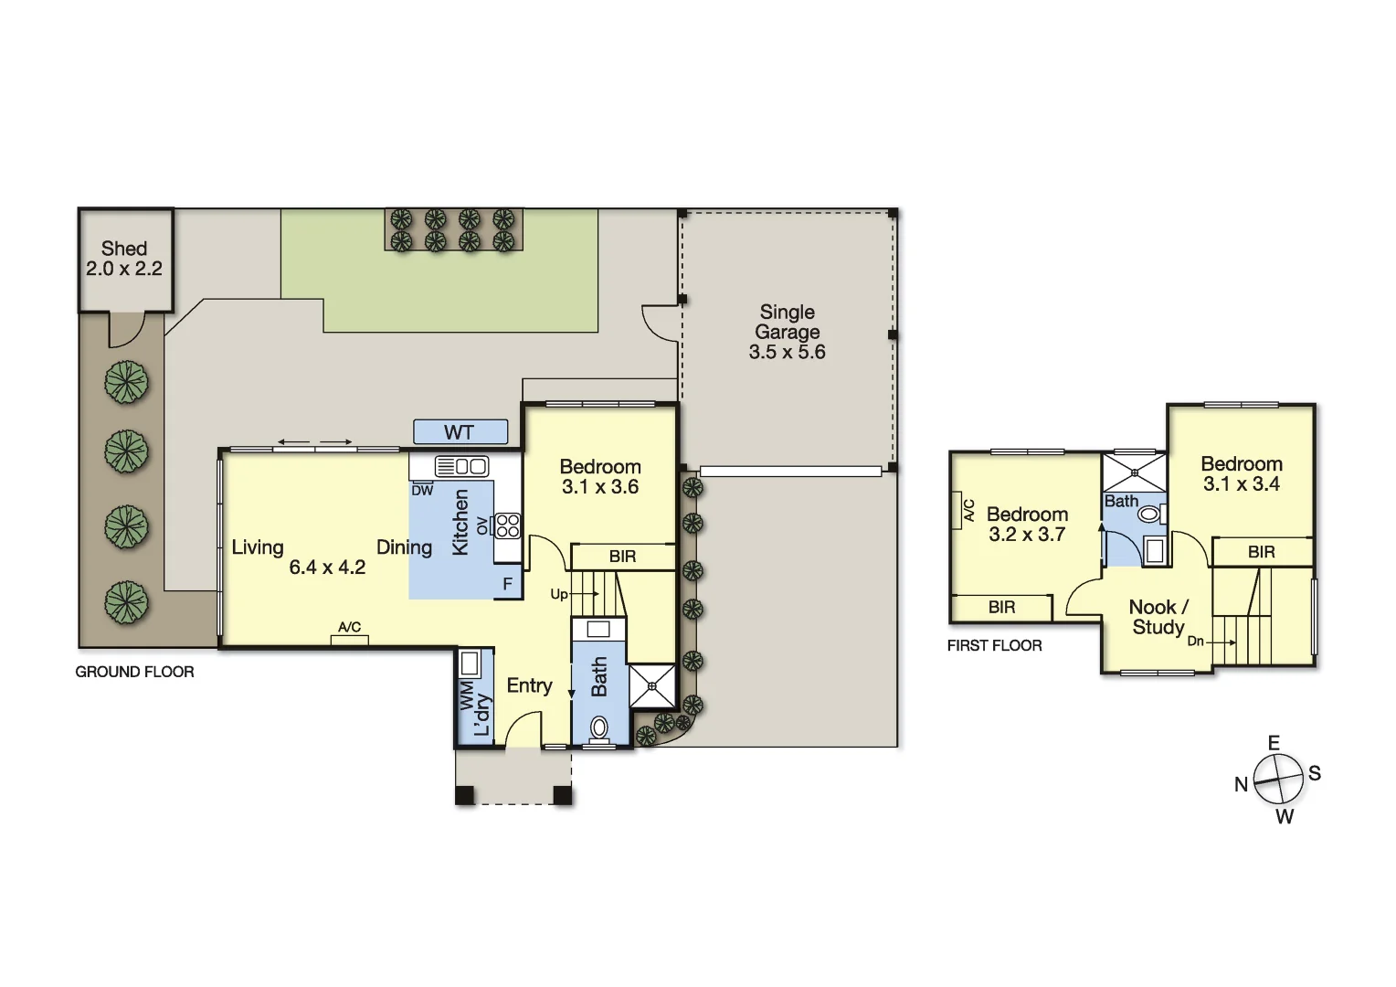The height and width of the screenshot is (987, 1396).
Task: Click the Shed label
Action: click(x=124, y=249)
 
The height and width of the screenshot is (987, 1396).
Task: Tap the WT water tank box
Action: click(x=460, y=432)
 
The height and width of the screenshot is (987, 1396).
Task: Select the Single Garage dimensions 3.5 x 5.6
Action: click(x=787, y=353)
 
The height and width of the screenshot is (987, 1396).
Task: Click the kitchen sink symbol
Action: click(x=461, y=466)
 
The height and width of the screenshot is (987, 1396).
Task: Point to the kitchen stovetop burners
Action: click(x=507, y=525)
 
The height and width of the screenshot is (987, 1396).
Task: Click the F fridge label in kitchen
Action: click(x=508, y=584)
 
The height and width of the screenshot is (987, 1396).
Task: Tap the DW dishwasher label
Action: click(x=422, y=491)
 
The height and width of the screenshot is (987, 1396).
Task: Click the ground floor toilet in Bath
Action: click(x=599, y=727)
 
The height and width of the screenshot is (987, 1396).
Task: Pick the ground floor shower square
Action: click(x=652, y=685)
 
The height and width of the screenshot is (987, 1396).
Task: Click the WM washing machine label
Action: click(x=468, y=695)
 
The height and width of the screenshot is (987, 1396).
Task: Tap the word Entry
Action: click(x=529, y=685)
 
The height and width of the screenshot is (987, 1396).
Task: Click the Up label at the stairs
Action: click(x=559, y=594)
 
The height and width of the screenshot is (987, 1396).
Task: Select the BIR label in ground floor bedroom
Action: click(x=622, y=557)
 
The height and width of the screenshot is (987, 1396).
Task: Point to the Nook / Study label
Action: click(x=1158, y=617)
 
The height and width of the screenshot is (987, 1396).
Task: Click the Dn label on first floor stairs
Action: click(x=1195, y=642)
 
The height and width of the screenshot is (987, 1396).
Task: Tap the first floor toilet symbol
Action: click(x=1148, y=515)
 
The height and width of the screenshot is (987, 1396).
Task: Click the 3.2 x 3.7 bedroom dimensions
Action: click(x=1027, y=535)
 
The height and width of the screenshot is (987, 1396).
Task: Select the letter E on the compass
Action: click(x=1274, y=743)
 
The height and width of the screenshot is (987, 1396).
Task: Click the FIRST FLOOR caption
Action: click(x=994, y=646)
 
